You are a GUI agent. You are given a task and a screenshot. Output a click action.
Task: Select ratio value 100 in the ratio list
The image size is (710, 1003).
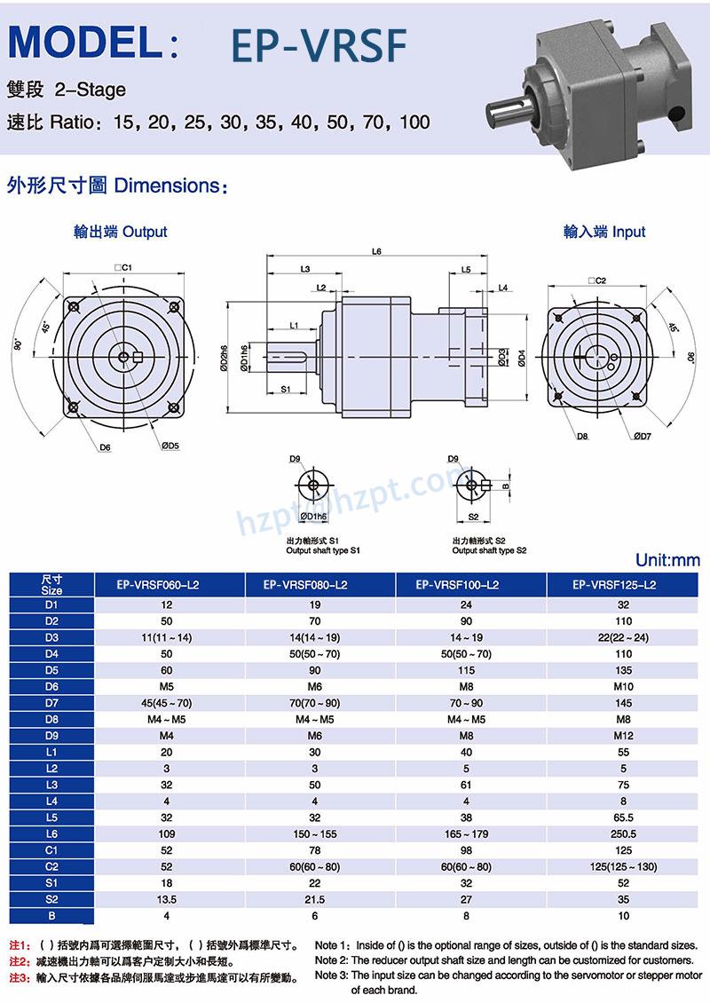(x=414, y=122)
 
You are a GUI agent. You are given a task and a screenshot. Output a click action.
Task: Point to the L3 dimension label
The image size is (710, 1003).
(x=304, y=268)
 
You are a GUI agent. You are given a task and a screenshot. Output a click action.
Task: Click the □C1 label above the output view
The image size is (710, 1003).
(x=122, y=266)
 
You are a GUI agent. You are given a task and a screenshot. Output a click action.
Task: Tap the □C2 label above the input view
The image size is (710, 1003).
(x=596, y=280)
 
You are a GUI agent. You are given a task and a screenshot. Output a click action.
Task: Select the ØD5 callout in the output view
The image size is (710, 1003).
(x=170, y=446)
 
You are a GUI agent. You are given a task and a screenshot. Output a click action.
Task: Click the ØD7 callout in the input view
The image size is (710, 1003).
(x=643, y=436)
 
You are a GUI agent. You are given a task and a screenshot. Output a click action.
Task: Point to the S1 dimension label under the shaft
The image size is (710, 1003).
(x=286, y=389)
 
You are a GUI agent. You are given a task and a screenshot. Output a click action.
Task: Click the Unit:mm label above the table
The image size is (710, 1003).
(x=667, y=560)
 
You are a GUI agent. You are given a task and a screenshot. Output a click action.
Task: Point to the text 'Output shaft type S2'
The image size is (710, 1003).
(x=489, y=550)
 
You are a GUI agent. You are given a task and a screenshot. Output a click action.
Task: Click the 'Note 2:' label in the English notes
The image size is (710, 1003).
(x=333, y=960)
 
